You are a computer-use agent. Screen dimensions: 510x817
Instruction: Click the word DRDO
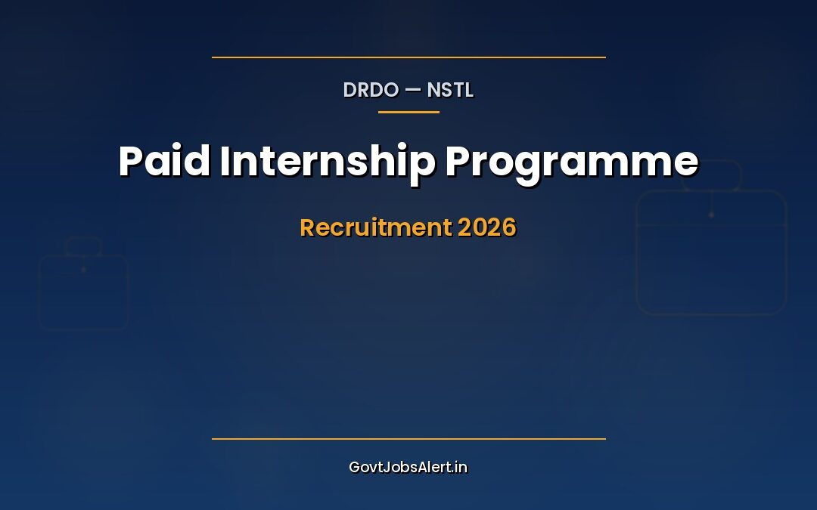(371, 90)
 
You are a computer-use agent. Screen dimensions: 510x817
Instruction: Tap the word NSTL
(450, 90)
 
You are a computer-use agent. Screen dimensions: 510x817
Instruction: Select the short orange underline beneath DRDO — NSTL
(408, 112)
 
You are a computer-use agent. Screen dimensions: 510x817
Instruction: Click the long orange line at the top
(408, 57)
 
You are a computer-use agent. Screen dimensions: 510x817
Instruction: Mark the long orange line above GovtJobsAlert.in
(408, 438)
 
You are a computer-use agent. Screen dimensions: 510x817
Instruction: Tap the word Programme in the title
(571, 161)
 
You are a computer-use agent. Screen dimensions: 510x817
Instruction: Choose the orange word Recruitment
(376, 227)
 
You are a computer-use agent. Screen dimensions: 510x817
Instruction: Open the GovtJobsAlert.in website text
(408, 467)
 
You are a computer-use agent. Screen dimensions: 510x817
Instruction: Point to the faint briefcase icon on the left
(83, 291)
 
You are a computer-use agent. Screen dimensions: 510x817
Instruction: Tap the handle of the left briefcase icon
(83, 246)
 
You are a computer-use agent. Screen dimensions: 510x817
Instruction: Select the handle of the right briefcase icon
(711, 175)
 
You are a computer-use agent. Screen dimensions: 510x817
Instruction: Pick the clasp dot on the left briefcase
(83, 269)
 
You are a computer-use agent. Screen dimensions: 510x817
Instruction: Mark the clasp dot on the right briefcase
(711, 215)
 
